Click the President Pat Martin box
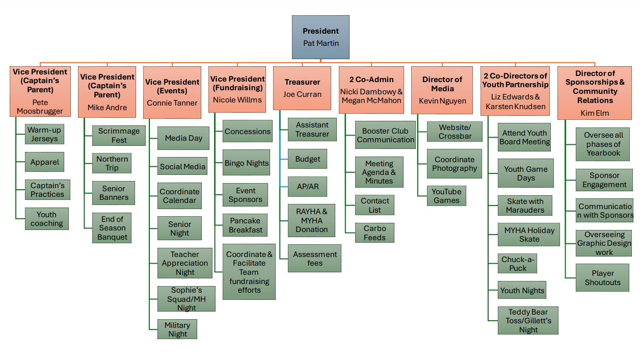pyautogui.click(x=320, y=37)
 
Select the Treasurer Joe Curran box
pyautogui.click(x=302, y=88)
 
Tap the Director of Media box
pyautogui.click(x=442, y=89)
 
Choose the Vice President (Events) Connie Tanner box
pyautogui.click(x=172, y=92)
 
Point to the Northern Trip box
pyautogui.click(x=112, y=164)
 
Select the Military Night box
pyautogui.click(x=177, y=329)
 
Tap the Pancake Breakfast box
pyautogui.click(x=246, y=225)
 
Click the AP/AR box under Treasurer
pyautogui.click(x=307, y=187)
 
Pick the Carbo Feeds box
pyautogui.click(x=375, y=233)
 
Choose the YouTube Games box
pyautogui.click(x=446, y=196)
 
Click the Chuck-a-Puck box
pyautogui.click(x=518, y=264)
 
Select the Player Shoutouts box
pyautogui.click(x=602, y=278)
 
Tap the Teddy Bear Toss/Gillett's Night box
pyautogui.click(x=528, y=321)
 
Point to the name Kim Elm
pyautogui.click(x=595, y=113)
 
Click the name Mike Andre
pyautogui.click(x=107, y=108)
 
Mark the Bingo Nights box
pyautogui.click(x=247, y=163)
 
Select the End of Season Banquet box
pyautogui.click(x=112, y=228)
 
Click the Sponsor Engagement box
pyautogui.click(x=604, y=180)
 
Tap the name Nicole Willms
pyautogui.click(x=237, y=100)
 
